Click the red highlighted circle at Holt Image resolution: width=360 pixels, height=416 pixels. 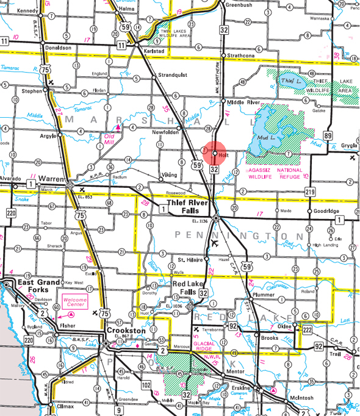point(214,152)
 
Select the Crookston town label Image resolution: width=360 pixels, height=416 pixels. point(124,330)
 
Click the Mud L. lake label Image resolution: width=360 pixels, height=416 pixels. point(272,139)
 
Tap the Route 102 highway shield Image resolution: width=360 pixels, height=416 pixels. point(146,386)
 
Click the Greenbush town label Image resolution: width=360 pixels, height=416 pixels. point(238,5)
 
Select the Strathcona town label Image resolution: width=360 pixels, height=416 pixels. point(241,56)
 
